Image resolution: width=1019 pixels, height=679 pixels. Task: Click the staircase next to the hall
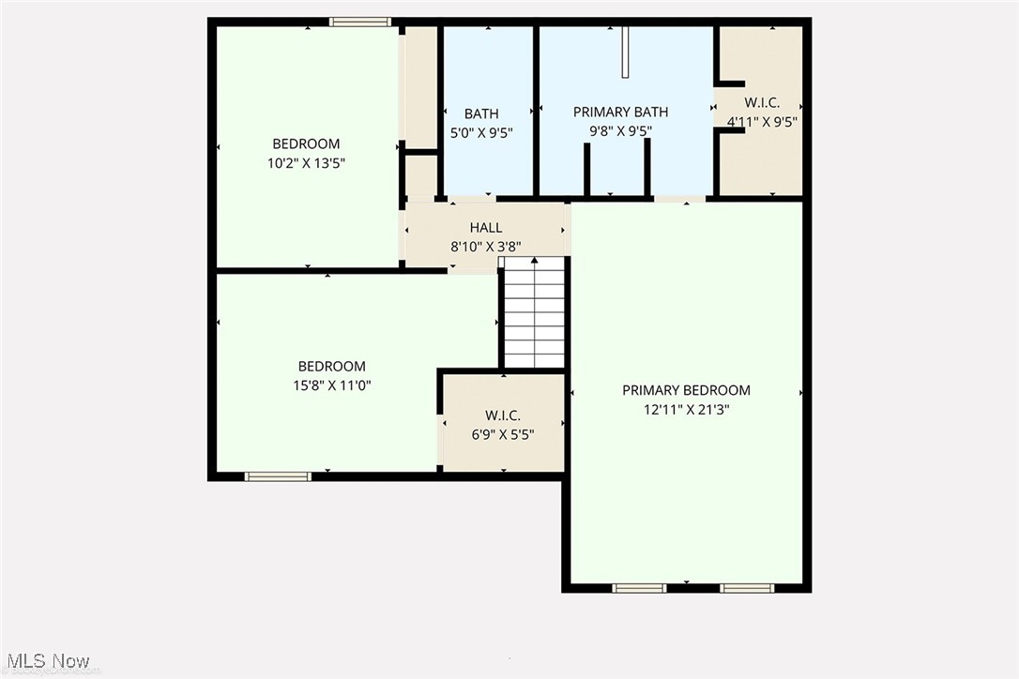click(535, 314)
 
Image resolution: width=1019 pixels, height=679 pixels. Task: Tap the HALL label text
click(486, 228)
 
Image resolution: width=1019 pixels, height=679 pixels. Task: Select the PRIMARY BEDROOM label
click(687, 390)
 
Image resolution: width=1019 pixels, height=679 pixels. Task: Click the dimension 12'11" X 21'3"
click(687, 409)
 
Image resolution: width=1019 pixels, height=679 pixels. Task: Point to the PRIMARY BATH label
click(620, 113)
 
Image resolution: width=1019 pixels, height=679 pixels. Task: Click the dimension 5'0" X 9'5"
click(481, 132)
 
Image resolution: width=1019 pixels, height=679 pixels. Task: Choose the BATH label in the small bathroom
click(481, 114)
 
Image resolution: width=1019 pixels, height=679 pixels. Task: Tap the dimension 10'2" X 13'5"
click(306, 162)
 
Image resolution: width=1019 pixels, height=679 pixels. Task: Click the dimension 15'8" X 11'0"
click(331, 385)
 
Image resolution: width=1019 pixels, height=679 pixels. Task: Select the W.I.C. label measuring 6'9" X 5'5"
click(503, 415)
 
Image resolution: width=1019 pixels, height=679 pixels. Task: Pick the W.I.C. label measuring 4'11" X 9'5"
click(762, 102)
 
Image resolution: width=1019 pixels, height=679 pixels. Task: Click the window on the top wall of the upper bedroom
click(360, 22)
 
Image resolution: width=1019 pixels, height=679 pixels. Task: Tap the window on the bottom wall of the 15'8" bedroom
click(278, 476)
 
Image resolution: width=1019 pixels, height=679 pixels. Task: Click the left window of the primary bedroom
click(639, 588)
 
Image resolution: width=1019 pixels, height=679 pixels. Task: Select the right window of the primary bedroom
click(747, 588)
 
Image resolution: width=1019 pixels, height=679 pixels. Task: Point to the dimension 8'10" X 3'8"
click(486, 247)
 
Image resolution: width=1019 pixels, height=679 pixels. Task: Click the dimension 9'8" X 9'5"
click(620, 131)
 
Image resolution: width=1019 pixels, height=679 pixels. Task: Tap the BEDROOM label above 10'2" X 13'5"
click(306, 143)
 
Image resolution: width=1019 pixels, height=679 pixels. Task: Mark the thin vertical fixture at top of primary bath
click(625, 53)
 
